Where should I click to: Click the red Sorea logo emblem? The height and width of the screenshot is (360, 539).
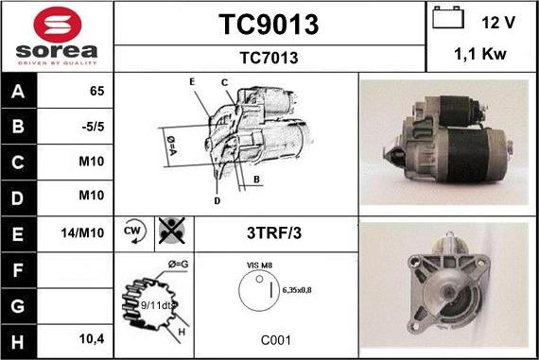[x=58, y=25]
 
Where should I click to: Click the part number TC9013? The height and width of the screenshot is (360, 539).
[x=269, y=25]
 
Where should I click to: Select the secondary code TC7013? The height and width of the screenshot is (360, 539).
[x=269, y=58]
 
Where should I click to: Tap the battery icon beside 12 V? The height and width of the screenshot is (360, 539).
[x=448, y=18]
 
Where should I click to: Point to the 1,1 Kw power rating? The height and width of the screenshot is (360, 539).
[x=480, y=54]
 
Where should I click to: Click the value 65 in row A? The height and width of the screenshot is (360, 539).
[x=97, y=91]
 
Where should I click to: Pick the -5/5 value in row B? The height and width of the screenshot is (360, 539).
[x=93, y=127]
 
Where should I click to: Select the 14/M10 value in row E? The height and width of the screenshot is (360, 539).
[x=82, y=232]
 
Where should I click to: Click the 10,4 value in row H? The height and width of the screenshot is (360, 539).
[x=92, y=339]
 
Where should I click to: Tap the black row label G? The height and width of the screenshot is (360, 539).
[x=18, y=306]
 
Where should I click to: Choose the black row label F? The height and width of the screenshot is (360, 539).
[x=18, y=270]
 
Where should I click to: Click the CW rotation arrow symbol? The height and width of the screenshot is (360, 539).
[x=134, y=231]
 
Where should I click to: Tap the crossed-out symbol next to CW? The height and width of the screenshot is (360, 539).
[x=172, y=231]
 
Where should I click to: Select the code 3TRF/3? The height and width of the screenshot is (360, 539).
[x=274, y=233]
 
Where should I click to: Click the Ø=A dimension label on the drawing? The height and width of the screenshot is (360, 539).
[x=171, y=146]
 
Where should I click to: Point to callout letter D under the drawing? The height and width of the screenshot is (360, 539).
[x=217, y=200]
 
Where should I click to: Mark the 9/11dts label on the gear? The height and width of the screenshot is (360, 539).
[x=156, y=305]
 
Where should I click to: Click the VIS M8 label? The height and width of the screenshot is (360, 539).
[x=259, y=266]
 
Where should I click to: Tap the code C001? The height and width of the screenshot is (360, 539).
[x=276, y=340]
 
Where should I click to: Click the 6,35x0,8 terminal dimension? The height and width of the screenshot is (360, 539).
[x=297, y=290]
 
